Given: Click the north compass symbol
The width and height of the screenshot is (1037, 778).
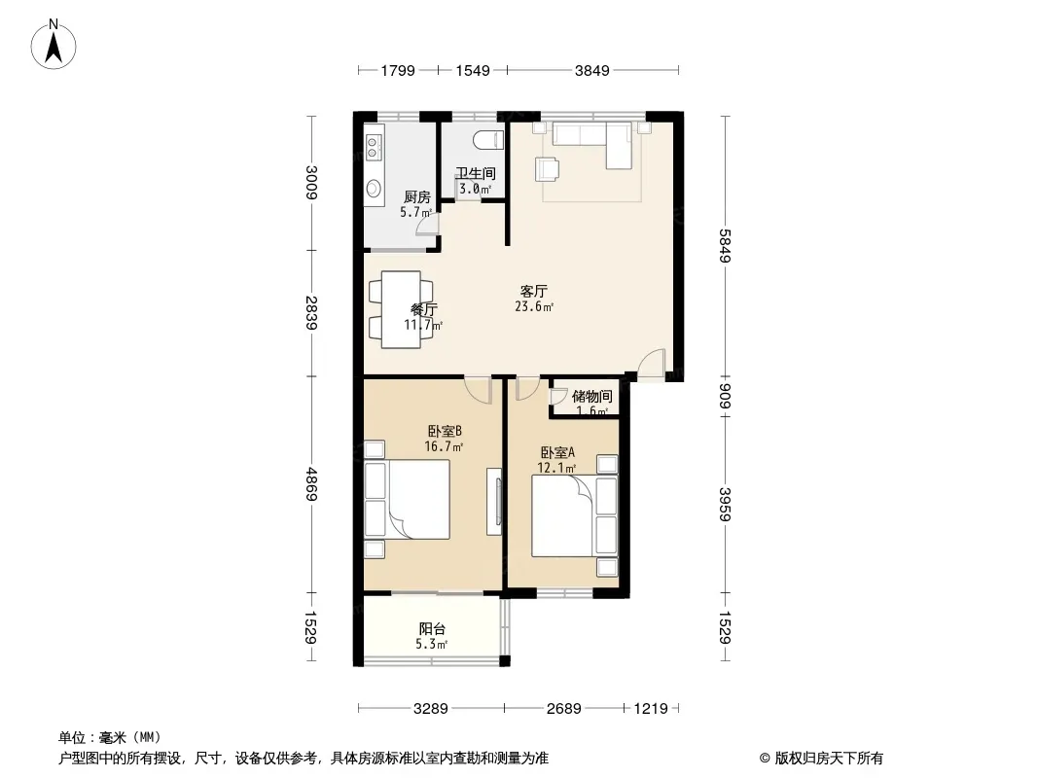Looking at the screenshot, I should point(55,43).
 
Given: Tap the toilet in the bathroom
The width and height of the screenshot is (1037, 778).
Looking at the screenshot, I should point(491,139).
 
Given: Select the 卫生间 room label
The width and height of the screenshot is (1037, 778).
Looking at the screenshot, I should point(476,174).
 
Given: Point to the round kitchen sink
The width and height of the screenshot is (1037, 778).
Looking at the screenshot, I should point(374,189).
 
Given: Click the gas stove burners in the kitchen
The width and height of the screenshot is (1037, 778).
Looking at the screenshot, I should point(374,148).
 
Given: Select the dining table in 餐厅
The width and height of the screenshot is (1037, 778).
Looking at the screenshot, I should point(401,304).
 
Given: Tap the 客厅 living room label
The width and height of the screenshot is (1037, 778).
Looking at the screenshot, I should point(534,291).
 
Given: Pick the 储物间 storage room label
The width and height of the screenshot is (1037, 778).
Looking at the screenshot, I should point(591,396).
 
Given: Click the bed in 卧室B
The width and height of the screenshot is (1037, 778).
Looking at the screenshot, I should point(408,500).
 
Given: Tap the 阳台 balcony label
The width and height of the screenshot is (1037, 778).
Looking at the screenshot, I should point(433,629).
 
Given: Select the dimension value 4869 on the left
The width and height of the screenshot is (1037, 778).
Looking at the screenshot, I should point(310,483).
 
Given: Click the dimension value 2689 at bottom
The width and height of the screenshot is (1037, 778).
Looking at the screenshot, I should point(563,708).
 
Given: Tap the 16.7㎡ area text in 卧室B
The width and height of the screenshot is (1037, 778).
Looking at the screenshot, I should point(444,447).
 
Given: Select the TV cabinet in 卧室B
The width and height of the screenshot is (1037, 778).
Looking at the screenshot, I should point(494,502).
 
